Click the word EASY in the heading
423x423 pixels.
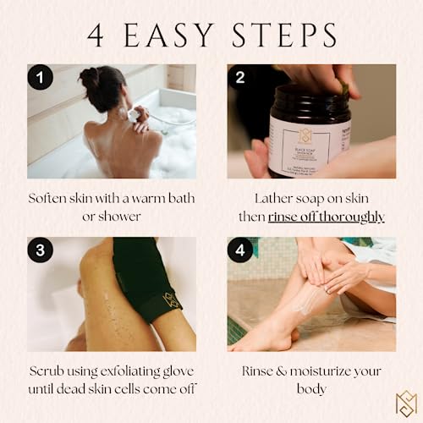click(x=176, y=36)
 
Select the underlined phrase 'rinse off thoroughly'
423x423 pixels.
click(x=327, y=217)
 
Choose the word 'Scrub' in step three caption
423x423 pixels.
click(x=47, y=371)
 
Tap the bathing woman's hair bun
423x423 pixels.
click(x=91, y=80)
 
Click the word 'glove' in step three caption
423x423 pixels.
click(x=169, y=371)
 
